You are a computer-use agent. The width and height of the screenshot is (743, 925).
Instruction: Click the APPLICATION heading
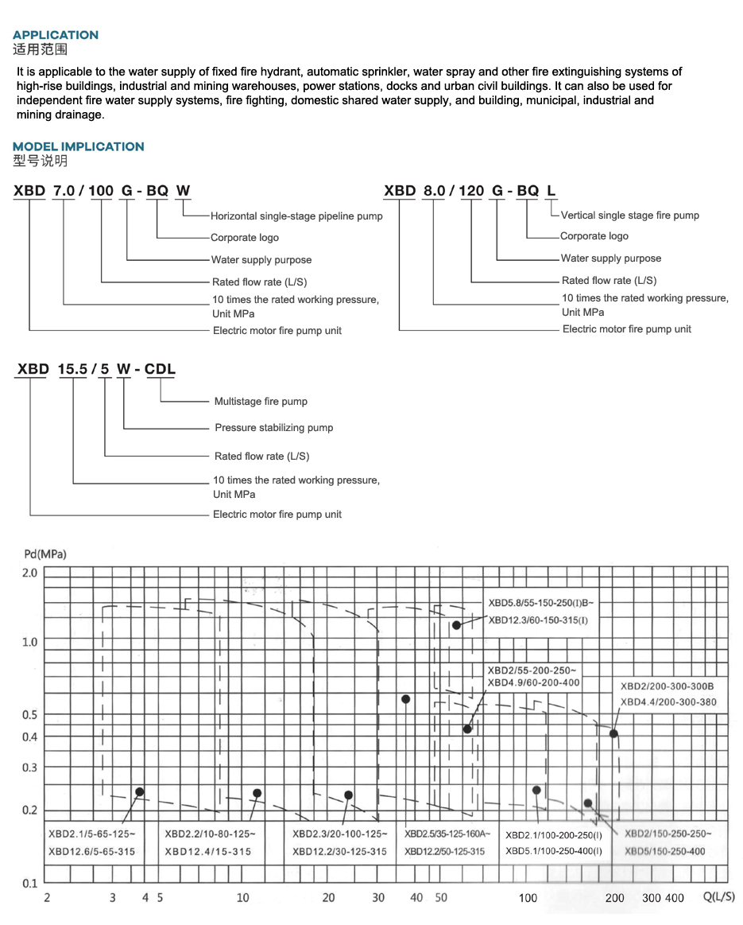(x=56, y=35)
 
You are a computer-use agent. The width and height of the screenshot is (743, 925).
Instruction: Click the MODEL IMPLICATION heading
(x=79, y=146)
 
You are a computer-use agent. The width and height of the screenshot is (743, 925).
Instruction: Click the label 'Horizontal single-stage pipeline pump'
(x=296, y=216)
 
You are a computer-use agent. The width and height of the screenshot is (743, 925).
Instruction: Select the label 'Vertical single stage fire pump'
(x=629, y=216)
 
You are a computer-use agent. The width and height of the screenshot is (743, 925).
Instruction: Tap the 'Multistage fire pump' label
(x=261, y=402)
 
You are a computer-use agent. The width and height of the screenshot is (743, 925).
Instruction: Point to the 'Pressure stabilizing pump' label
(x=273, y=428)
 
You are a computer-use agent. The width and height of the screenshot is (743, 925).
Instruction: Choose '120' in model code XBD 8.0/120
(x=470, y=191)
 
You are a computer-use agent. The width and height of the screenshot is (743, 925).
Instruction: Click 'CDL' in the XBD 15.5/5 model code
(x=160, y=369)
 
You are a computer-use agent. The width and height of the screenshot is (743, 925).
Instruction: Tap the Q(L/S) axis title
(x=719, y=897)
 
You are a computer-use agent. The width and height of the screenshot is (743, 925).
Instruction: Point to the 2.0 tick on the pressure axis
(x=30, y=573)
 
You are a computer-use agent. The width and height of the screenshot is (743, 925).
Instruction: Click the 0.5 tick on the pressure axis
(x=30, y=714)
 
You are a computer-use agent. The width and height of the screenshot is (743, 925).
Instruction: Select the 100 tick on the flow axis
(x=528, y=899)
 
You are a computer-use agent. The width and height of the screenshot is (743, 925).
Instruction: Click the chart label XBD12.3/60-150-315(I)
(x=537, y=620)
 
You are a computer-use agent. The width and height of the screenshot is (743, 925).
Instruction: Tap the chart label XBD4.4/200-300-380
(x=668, y=702)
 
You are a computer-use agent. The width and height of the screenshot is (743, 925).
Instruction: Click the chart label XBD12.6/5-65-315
(x=91, y=852)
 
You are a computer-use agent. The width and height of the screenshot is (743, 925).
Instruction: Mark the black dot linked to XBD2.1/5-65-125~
(x=140, y=792)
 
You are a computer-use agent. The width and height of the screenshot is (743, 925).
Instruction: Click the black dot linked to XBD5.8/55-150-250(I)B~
(x=456, y=625)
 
